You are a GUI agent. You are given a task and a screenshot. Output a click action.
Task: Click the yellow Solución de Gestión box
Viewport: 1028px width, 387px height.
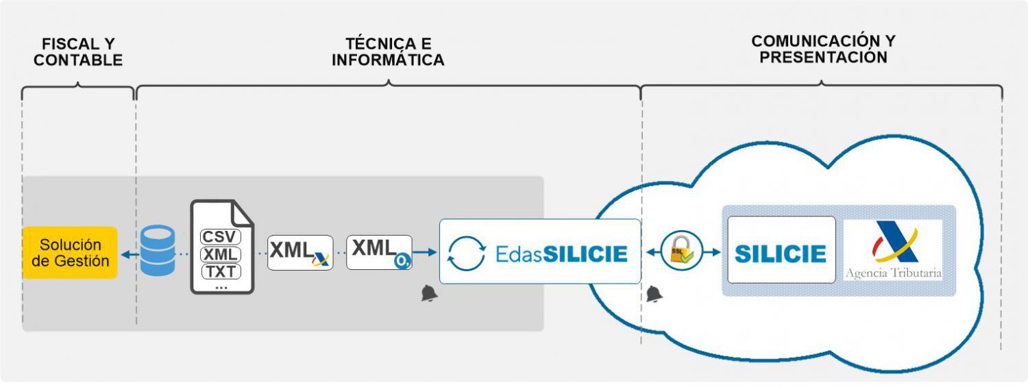[x=70, y=253]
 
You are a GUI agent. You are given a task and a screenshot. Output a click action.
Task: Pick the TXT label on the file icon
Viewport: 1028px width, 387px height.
[x=221, y=271]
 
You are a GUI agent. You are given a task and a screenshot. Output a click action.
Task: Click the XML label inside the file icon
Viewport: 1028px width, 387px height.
[x=221, y=254]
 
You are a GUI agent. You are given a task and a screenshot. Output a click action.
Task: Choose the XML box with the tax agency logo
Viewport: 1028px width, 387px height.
[x=299, y=253]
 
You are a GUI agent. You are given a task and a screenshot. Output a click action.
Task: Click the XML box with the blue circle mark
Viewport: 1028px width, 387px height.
[x=379, y=252]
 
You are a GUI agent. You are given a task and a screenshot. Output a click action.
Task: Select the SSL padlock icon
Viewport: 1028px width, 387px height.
[x=681, y=251]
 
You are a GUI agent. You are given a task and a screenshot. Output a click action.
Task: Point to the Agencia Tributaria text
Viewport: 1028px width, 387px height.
[x=893, y=273]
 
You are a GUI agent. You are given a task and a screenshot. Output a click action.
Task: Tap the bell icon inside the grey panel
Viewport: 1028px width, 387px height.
[x=429, y=294]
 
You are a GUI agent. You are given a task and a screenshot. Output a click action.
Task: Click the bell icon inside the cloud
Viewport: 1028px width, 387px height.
[x=654, y=295]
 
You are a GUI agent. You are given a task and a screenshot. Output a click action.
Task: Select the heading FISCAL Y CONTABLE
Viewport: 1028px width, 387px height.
[x=78, y=52]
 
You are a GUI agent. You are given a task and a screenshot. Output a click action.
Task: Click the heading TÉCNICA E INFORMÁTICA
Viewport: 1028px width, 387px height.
[x=388, y=52]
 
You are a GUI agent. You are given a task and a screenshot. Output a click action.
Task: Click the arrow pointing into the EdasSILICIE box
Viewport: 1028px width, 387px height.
[x=426, y=252]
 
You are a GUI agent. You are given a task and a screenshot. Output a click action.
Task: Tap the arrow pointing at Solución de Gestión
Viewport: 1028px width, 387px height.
[x=127, y=253]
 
